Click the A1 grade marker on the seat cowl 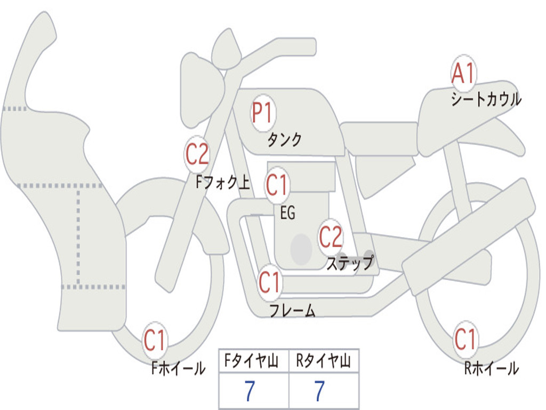tap(463, 73)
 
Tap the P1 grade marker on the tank tap(263, 113)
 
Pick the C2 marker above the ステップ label tap(331, 237)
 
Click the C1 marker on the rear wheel tap(466, 339)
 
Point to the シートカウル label tap(486, 99)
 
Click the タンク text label tap(284, 139)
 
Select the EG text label tap(287, 212)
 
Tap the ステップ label tap(350, 263)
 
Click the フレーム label tap(293, 310)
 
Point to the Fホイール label tap(178, 368)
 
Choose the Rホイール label tap(492, 368)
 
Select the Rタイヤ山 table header tap(324, 361)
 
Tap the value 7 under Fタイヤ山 tap(250, 391)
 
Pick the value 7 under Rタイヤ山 tap(320, 391)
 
